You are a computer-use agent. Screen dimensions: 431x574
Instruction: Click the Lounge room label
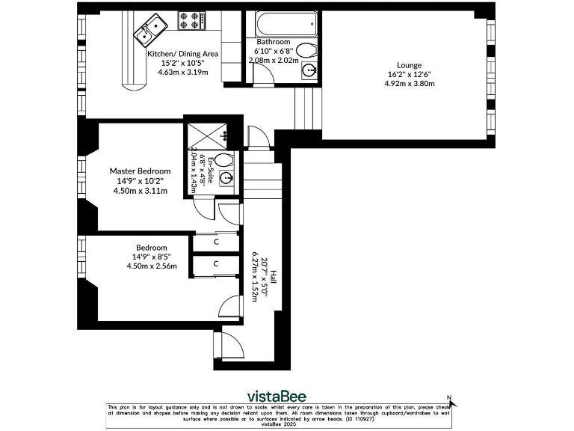coord(410,65)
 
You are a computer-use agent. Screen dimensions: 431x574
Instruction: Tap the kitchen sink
coord(150,30)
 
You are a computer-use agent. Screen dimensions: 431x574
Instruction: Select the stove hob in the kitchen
coord(192,20)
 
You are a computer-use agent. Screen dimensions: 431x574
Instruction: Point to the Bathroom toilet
coord(306,51)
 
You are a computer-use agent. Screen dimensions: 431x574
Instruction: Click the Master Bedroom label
coord(135,171)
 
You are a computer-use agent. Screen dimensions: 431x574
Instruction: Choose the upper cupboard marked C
coord(216,242)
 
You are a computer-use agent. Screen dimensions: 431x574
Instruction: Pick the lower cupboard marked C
coord(216,264)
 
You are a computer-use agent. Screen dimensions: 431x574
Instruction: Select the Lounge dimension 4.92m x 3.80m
coord(410,84)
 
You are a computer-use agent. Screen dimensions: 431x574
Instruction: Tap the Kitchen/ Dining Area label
coord(182,54)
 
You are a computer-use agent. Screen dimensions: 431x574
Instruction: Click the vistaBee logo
coord(277,395)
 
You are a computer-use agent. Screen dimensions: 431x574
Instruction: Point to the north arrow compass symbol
coord(451,401)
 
